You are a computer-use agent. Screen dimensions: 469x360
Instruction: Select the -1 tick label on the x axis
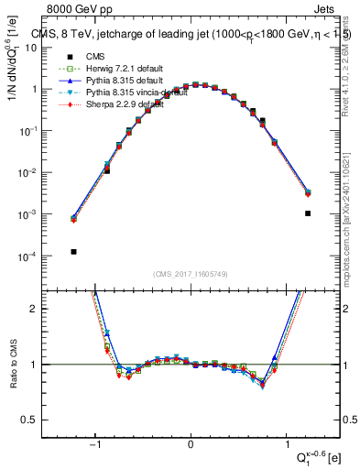pyautogui.click(x=94, y=445)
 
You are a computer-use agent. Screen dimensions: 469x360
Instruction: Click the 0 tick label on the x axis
pyautogui.click(x=191, y=445)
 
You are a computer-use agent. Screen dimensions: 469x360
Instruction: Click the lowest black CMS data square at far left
pyautogui.click(x=73, y=251)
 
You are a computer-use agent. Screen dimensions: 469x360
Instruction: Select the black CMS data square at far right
pyautogui.click(x=308, y=213)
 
